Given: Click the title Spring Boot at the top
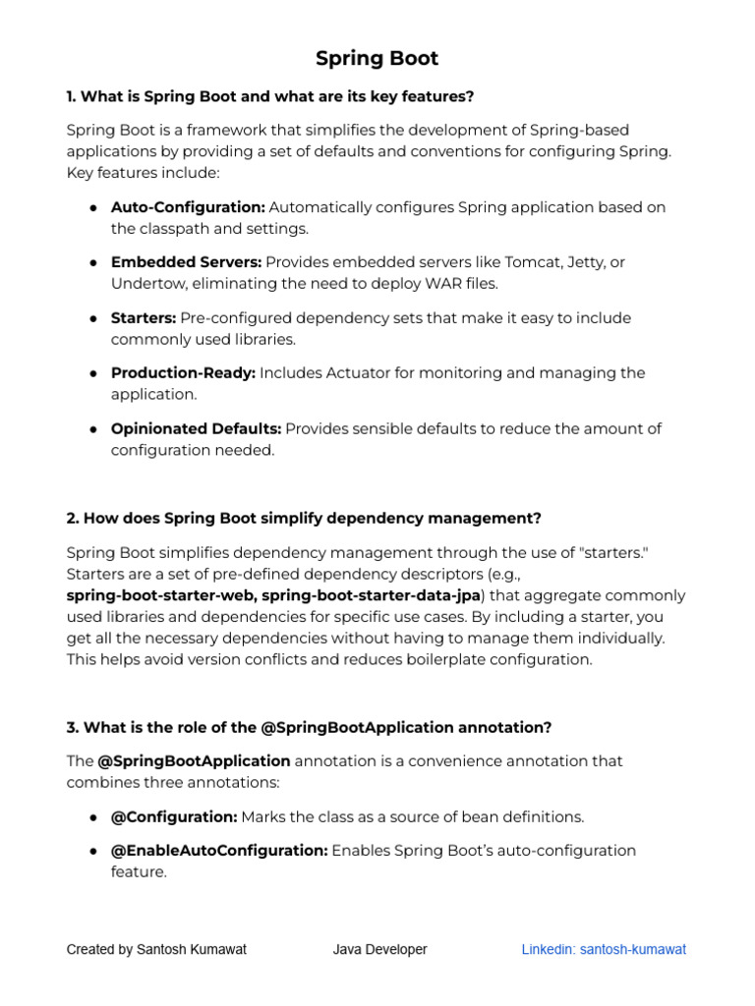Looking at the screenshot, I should (x=377, y=59).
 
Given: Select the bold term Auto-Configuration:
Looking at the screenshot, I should (x=188, y=207).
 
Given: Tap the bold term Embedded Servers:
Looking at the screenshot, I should (x=186, y=262).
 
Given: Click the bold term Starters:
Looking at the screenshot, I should (x=144, y=318).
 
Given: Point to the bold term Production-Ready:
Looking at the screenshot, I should (x=183, y=373).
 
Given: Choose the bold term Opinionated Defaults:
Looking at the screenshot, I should (x=196, y=428).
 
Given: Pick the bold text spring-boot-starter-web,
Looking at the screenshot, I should (x=161, y=595).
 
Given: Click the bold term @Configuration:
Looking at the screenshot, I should (x=174, y=816).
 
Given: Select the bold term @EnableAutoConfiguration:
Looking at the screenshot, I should (x=219, y=850).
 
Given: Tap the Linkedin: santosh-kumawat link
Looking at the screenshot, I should (x=604, y=949).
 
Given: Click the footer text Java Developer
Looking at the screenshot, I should (x=379, y=949).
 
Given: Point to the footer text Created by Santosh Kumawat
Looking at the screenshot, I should (x=156, y=949).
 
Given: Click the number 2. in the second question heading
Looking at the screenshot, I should (x=73, y=518).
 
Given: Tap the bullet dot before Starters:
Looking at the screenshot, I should (x=92, y=319).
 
